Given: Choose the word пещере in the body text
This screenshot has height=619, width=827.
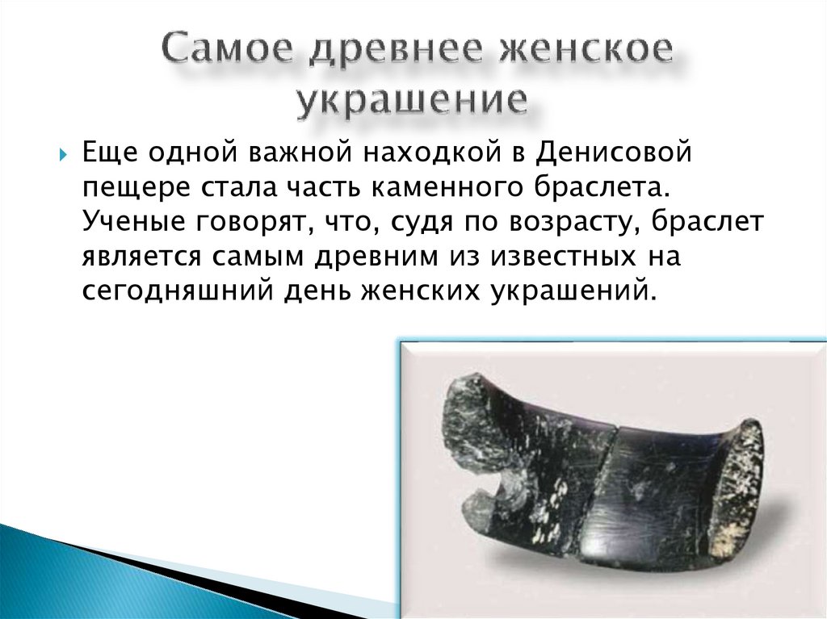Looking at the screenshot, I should click(x=132, y=189).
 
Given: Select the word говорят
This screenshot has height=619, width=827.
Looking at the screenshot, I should click(x=256, y=223).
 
